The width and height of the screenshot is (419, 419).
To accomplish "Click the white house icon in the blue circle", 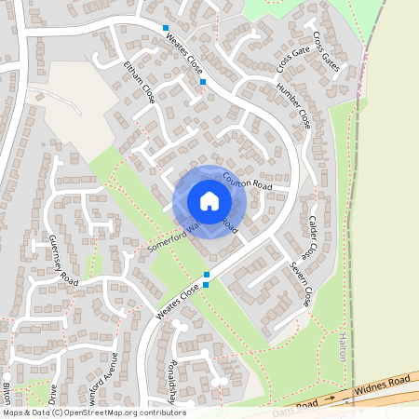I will click(209, 201).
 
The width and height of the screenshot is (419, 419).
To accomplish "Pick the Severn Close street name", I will click(300, 284).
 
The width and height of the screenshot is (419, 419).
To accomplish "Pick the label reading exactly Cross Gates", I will click(326, 51).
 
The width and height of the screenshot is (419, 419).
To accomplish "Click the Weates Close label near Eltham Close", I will click(183, 49).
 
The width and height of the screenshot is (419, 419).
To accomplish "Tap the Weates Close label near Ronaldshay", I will click(178, 304).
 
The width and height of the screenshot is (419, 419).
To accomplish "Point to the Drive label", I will click(53, 392).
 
